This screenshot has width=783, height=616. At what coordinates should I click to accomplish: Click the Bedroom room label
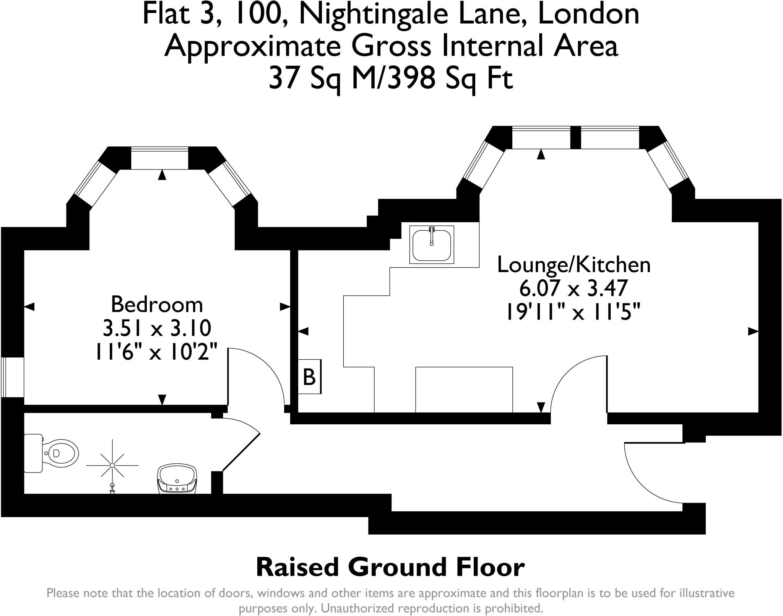click(157, 305)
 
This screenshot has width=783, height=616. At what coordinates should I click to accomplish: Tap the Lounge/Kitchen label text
click(573, 265)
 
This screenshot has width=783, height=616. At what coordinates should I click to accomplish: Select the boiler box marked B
click(309, 377)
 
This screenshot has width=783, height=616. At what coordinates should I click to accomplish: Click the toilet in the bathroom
click(54, 454)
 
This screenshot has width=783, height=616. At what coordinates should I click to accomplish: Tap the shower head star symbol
click(112, 465)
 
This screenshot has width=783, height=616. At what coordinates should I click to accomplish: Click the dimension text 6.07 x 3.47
click(573, 289)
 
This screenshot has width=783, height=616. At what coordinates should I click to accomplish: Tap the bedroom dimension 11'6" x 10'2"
click(157, 351)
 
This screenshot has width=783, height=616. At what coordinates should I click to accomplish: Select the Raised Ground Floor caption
click(390, 567)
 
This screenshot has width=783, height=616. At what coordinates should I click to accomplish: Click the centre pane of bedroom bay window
click(160, 158)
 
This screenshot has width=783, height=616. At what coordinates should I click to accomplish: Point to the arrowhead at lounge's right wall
click(753, 332)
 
